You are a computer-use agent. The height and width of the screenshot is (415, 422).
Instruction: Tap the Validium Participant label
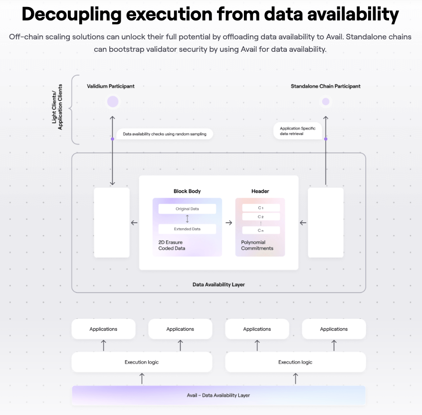[111, 86]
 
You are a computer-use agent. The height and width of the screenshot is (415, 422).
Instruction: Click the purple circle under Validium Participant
[113, 102]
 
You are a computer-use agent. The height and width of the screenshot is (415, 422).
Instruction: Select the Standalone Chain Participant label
[325, 86]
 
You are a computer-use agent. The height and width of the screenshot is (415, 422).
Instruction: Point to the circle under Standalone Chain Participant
[326, 102]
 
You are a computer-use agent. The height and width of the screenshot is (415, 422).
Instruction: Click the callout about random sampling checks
[164, 134]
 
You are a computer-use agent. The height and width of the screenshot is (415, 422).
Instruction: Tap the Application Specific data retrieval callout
[297, 131]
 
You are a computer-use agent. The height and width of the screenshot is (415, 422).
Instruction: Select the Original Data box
[187, 209]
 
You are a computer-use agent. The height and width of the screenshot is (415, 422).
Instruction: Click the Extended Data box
[187, 229]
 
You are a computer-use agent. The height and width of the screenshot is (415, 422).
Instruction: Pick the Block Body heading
[187, 191]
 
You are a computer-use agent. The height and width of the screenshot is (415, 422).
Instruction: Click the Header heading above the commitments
[260, 191]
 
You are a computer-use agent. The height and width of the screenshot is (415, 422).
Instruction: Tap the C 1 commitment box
[260, 208]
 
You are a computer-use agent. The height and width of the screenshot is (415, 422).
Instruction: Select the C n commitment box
[260, 230]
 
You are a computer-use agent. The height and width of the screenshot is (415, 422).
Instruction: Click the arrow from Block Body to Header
[229, 223]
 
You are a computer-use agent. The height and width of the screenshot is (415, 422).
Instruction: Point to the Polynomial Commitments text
[257, 245]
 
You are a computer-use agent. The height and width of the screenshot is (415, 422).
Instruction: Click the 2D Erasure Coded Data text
[172, 245]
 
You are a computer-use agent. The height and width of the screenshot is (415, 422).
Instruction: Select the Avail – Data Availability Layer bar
[218, 395]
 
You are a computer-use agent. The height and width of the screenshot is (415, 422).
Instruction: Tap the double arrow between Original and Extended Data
[187, 219]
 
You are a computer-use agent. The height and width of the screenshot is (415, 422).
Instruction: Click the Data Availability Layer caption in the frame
[218, 284]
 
